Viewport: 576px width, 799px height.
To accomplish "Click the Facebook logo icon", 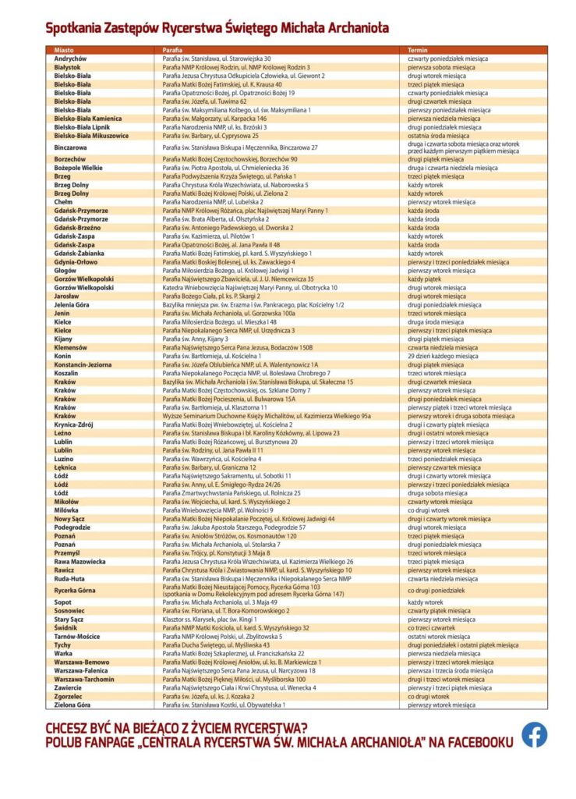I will (534, 734).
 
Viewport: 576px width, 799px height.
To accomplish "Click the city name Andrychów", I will (71, 59).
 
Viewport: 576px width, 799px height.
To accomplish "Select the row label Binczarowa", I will (71, 147).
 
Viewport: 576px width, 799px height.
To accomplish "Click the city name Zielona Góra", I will (72, 705).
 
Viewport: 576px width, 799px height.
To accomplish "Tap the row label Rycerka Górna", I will (76, 591).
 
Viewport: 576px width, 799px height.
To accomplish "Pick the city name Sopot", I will (63, 602).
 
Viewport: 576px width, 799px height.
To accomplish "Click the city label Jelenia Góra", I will (72, 304).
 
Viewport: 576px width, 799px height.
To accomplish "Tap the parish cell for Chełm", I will (221, 201).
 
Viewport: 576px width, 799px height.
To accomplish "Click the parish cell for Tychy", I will (216, 645).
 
